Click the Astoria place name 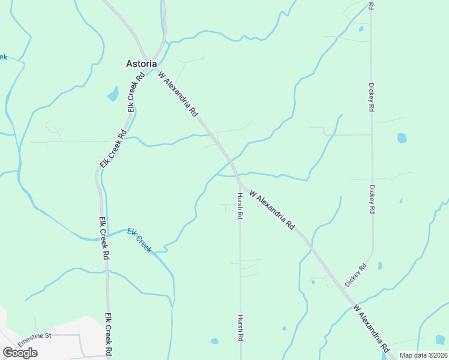(x=142, y=63)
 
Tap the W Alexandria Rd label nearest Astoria (x=178, y=93)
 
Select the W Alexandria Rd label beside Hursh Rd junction (x=273, y=211)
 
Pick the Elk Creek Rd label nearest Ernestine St (x=109, y=336)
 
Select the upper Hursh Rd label (x=239, y=206)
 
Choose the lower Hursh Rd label (x=241, y=328)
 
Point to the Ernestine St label (x=35, y=337)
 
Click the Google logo (x=20, y=353)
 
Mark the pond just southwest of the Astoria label (x=112, y=94)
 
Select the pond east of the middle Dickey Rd (x=402, y=138)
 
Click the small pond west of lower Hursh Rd (x=214, y=341)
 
